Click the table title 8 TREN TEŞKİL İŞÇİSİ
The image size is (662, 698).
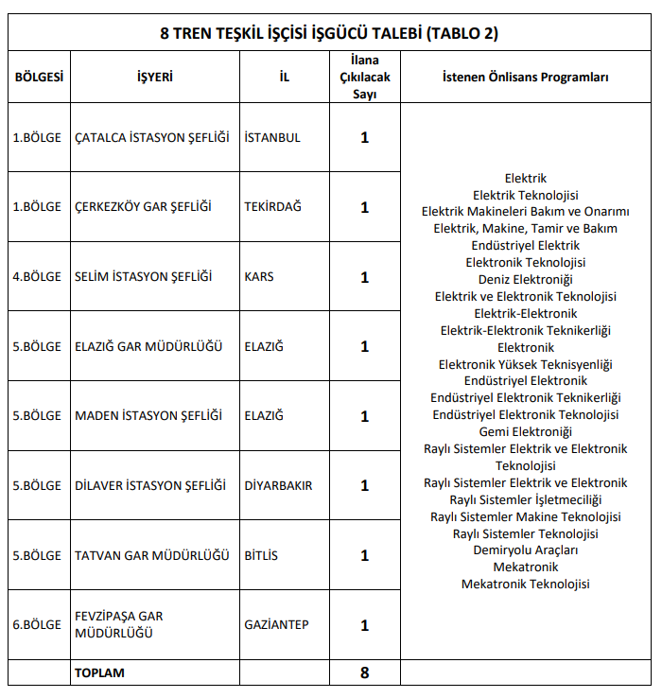(328, 33)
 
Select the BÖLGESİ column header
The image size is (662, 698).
(39, 77)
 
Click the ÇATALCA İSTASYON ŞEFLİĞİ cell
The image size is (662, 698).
(152, 137)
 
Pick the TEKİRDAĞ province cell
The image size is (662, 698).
(273, 207)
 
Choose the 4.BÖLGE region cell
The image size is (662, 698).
(37, 277)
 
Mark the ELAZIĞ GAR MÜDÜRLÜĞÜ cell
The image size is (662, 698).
(148, 346)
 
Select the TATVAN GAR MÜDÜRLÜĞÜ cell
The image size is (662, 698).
(152, 555)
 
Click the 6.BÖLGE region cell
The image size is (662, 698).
(37, 625)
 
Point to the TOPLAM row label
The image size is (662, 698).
(99, 672)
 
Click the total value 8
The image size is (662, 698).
(364, 672)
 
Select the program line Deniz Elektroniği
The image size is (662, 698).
(525, 279)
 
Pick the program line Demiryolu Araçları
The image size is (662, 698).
(525, 550)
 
